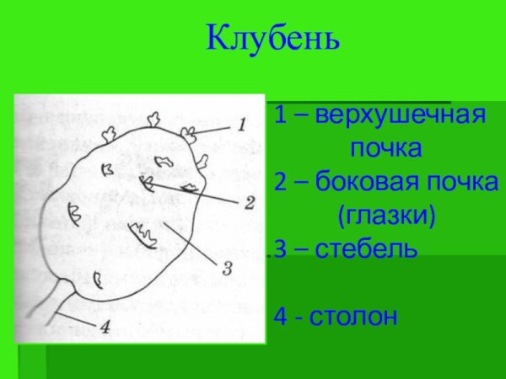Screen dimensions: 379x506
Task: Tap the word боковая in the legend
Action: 365,182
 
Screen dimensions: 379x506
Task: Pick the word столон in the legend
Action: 353,318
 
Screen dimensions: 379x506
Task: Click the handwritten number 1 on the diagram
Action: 242,125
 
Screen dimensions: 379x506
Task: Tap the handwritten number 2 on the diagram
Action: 249,202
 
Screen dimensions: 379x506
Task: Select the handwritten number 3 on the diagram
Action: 227,269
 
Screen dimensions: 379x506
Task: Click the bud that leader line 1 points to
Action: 189,131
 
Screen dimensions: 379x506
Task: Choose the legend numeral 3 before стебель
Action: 280,249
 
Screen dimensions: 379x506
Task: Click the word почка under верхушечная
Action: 386,149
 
